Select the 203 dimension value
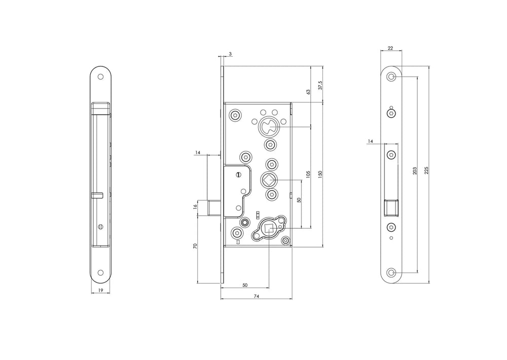[x=415, y=168]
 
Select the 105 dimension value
[x=308, y=175]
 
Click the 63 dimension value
[x=307, y=92]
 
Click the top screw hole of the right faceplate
[x=391, y=77]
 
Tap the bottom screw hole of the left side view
[x=100, y=273]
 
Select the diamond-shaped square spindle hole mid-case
[x=268, y=179]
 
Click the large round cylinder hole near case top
[x=268, y=126]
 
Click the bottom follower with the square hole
[x=269, y=230]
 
